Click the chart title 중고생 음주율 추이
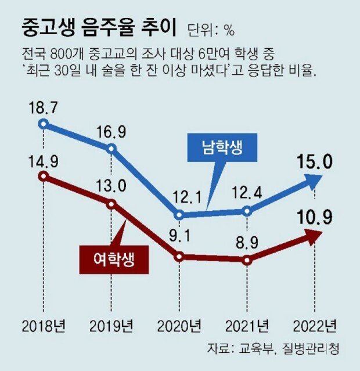coord(99,27)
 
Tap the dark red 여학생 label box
coord(114,258)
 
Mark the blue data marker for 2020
coord(179,215)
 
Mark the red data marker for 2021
coord(248,260)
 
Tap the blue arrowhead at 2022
coord(314,182)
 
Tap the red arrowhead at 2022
coord(314,236)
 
